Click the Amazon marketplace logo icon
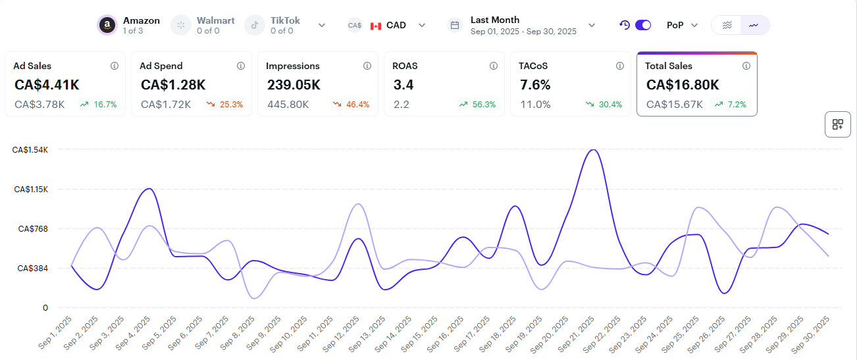107,25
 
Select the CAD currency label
396,25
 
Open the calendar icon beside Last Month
454,25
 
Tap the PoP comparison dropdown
681,25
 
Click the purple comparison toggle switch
642,25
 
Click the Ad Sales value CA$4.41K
47,85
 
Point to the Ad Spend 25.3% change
225,104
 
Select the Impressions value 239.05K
294,85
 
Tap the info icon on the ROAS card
493,66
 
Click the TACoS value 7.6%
535,85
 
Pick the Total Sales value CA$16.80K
683,85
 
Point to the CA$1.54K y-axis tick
30,149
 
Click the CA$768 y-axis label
33,229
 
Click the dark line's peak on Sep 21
593,150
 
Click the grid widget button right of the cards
837,124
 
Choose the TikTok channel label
285,20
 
